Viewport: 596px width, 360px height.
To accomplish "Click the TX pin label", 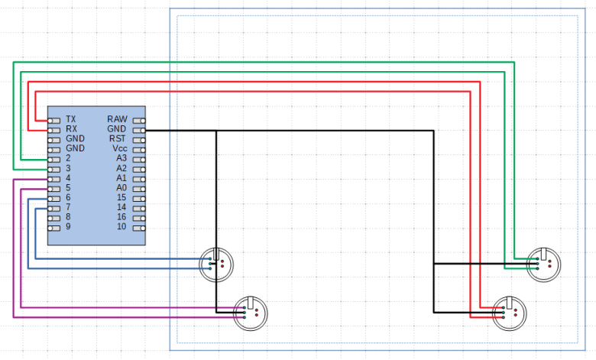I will coord(71,120).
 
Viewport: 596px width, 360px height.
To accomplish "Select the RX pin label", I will coord(71,129).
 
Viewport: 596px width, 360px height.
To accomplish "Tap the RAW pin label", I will coord(117,120).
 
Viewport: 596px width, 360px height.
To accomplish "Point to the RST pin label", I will coord(118,139).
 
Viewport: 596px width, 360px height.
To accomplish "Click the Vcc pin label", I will coord(118,148).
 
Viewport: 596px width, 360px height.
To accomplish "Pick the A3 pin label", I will coord(121,158).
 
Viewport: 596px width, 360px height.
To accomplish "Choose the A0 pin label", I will coord(121,187).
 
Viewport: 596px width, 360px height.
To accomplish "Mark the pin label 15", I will coord(121,197).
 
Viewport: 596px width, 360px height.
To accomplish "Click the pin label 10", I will coord(121,227).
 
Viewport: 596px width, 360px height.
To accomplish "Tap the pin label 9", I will coord(68,227).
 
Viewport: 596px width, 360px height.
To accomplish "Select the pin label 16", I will coord(121,217).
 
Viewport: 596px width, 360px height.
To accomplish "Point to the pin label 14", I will coord(121,207).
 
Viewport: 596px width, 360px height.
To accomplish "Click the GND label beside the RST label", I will coord(117,129).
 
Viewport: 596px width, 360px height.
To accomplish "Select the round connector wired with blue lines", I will coord(216,264).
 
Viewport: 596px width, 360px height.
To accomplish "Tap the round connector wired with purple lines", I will coord(251,312).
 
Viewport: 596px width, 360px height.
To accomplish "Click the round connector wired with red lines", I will coord(510,313).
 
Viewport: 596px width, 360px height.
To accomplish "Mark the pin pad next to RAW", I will coord(138,120).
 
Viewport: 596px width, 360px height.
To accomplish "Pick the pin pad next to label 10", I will coord(138,227).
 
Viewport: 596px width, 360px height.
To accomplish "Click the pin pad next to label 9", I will coord(53,227).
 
